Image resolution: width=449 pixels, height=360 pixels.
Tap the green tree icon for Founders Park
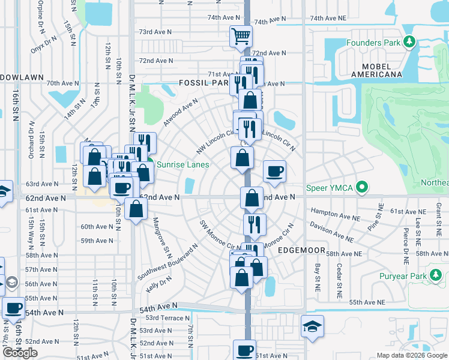pyautogui.click(x=409, y=42)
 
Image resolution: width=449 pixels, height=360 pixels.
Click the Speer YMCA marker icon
pyautogui.click(x=361, y=188)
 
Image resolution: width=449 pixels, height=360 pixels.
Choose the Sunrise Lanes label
pyautogui.click(x=182, y=164)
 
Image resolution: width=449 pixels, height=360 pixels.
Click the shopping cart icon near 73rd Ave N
pyautogui.click(x=241, y=36)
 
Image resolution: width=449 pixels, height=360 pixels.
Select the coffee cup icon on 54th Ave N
pyautogui.click(x=13, y=308)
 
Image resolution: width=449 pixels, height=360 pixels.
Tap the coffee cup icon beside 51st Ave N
pyautogui.click(x=245, y=350)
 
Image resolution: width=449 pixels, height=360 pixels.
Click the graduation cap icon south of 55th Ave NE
pyautogui.click(x=312, y=326)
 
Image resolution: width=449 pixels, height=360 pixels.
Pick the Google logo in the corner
pyautogui.click(x=20, y=353)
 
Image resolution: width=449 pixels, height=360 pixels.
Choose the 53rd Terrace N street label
pyautogui.click(x=167, y=318)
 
